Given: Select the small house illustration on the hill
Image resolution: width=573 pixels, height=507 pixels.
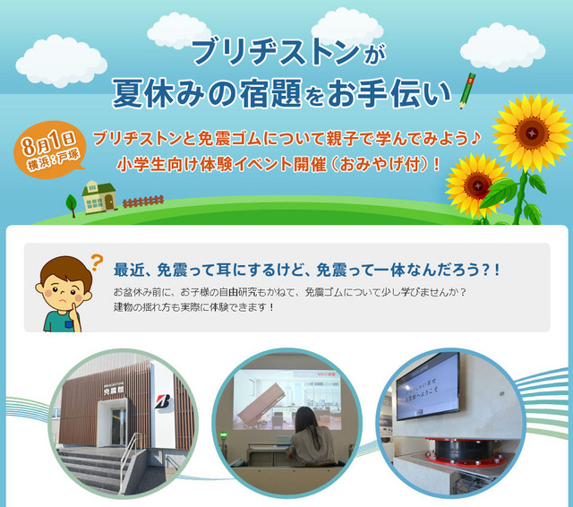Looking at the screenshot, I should (x=98, y=196).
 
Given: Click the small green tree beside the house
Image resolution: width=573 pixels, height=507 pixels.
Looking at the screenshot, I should (x=72, y=204).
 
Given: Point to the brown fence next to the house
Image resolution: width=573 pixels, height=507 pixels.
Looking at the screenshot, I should (x=142, y=202).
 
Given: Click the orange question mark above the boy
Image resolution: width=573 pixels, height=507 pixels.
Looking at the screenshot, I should (x=96, y=262).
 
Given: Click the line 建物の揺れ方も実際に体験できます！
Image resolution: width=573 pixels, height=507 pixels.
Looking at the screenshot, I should (x=193, y=308).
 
